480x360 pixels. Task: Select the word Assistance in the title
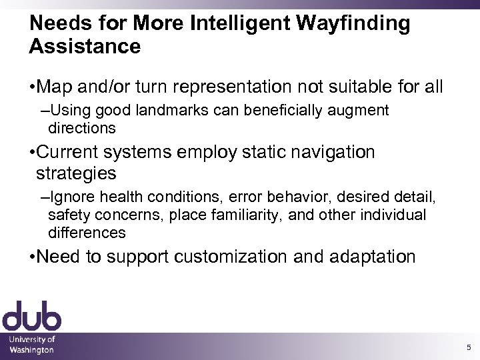click(x=85, y=47)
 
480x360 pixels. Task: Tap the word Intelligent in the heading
click(x=227, y=25)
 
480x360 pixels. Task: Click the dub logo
click(x=32, y=316)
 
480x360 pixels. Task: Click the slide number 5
click(x=469, y=347)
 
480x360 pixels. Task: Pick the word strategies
click(x=76, y=173)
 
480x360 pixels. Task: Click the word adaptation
click(x=364, y=257)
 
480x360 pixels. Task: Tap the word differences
click(x=87, y=233)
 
